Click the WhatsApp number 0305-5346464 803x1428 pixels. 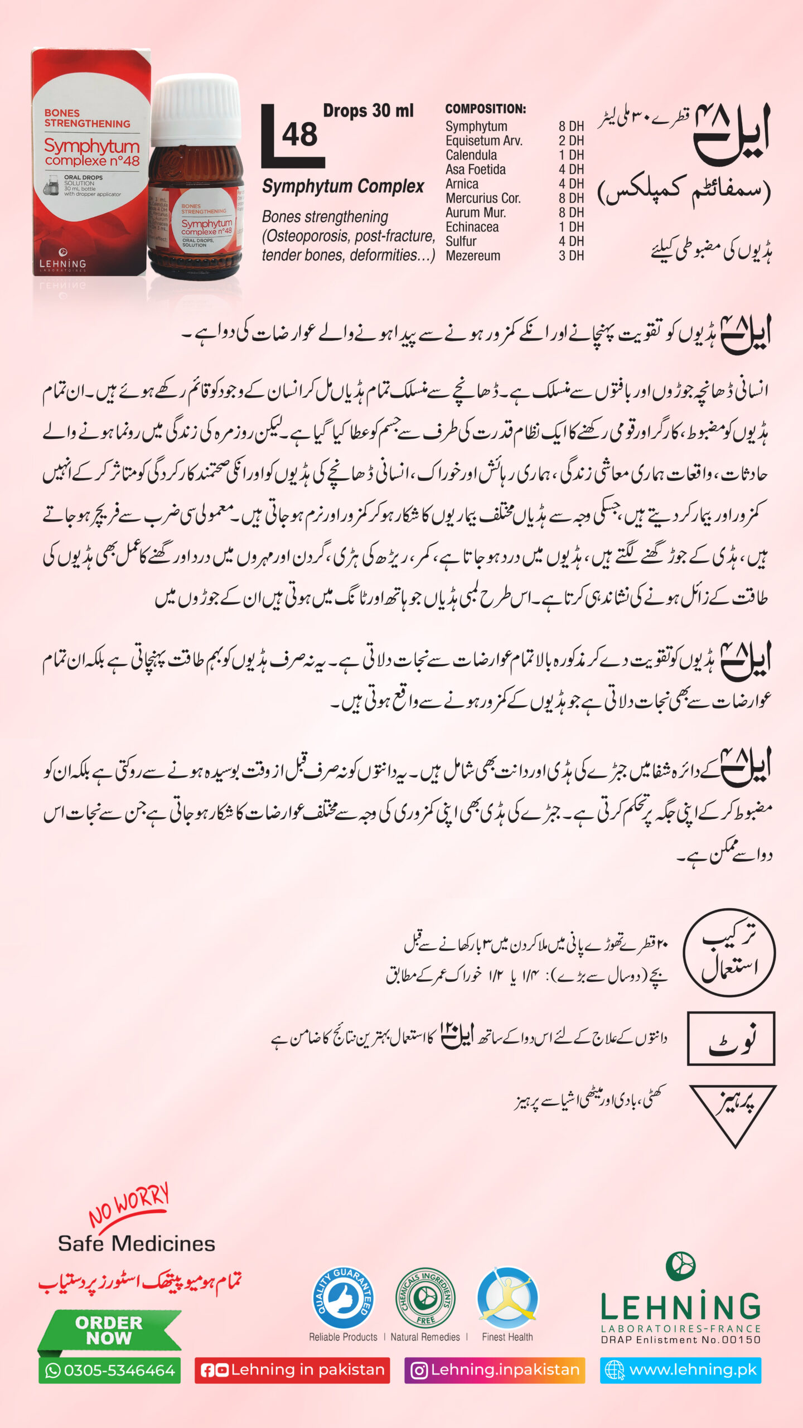pos(110,1371)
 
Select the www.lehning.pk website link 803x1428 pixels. pos(681,1370)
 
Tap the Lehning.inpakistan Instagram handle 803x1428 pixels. pos(495,1370)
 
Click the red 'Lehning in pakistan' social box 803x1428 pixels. pos(292,1370)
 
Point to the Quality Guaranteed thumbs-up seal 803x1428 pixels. pos(343,1297)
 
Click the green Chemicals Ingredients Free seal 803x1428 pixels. pos(425,1297)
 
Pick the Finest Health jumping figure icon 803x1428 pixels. pos(507,1297)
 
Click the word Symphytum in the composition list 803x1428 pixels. pos(476,127)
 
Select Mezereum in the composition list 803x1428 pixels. pos(473,256)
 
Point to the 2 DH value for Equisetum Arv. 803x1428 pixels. pos(571,141)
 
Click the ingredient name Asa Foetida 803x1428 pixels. pos(475,170)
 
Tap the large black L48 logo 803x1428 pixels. pos(291,137)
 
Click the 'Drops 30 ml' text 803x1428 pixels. pos(368,111)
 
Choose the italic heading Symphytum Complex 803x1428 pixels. pos(343,186)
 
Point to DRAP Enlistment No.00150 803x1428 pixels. pos(680,1340)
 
